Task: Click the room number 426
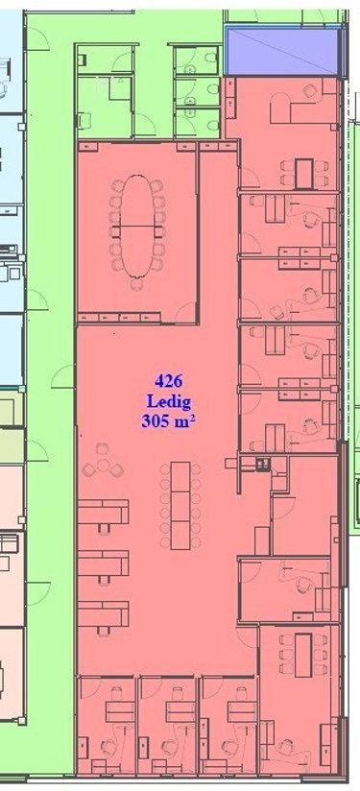click(168, 381)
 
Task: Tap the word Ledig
click(168, 401)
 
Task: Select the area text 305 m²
click(168, 421)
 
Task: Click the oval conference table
click(137, 226)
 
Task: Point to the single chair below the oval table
click(136, 284)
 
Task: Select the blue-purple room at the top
click(282, 52)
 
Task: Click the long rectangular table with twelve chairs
click(180, 506)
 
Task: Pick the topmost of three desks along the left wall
click(104, 512)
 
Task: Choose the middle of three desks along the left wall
click(104, 562)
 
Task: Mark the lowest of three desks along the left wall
click(104, 612)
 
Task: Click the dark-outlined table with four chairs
click(304, 173)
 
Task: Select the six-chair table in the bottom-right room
click(303, 655)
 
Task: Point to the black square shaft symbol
click(262, 463)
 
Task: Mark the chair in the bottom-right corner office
click(288, 746)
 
